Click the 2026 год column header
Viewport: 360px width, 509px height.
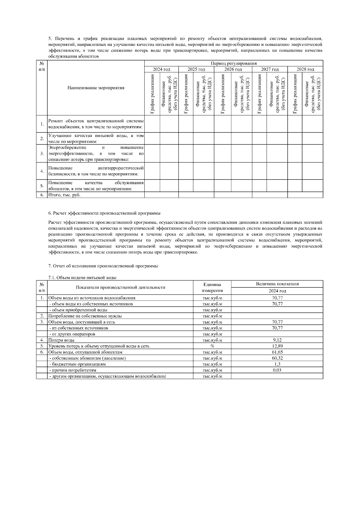click(x=233, y=69)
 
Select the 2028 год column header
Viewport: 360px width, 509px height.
click(x=305, y=69)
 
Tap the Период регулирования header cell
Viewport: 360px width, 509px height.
click(x=233, y=63)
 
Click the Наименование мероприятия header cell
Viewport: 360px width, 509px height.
click(x=96, y=88)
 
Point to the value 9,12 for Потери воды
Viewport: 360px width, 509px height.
click(x=277, y=340)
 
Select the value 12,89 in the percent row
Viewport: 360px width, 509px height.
click(x=277, y=346)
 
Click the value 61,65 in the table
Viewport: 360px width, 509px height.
click(x=277, y=352)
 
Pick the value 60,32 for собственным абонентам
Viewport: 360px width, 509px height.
click(x=277, y=358)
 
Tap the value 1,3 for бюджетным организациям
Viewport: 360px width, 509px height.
click(x=277, y=364)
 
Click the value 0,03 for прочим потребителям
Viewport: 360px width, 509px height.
click(x=277, y=370)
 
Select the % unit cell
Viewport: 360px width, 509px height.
click(x=212, y=346)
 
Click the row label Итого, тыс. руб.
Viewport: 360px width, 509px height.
click(x=64, y=195)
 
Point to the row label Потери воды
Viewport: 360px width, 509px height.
click(x=61, y=340)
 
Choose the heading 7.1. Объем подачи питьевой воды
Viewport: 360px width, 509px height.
click(x=82, y=278)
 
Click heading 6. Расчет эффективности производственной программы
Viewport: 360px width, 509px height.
click(x=104, y=213)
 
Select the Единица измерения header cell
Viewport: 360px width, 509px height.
click(x=212, y=287)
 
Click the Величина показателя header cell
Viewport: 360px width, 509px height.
click(x=277, y=284)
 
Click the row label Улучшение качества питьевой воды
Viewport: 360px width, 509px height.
click(x=96, y=138)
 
